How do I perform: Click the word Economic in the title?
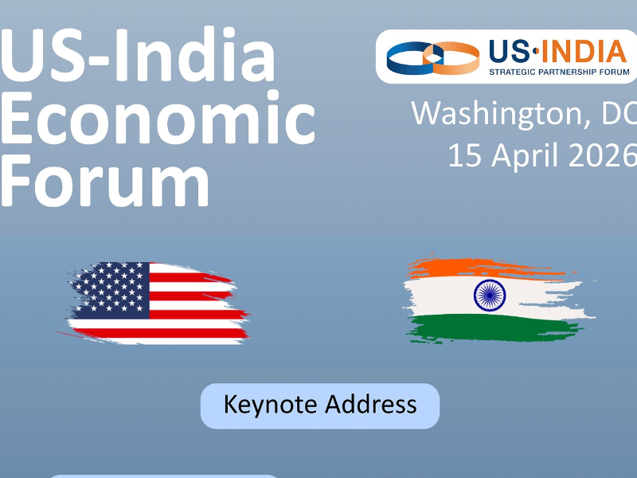[158, 117]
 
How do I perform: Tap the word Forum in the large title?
[105, 181]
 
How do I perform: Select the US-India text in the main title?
[139, 54]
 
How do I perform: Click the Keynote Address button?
[320, 406]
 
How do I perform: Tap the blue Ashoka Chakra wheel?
[490, 296]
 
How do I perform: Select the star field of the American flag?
[111, 290]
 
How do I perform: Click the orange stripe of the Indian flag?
[487, 268]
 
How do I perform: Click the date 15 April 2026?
[542, 155]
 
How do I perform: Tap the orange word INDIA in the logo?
[584, 51]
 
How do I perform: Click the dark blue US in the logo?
[510, 51]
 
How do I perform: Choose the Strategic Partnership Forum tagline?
[559, 72]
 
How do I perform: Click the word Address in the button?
[371, 404]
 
